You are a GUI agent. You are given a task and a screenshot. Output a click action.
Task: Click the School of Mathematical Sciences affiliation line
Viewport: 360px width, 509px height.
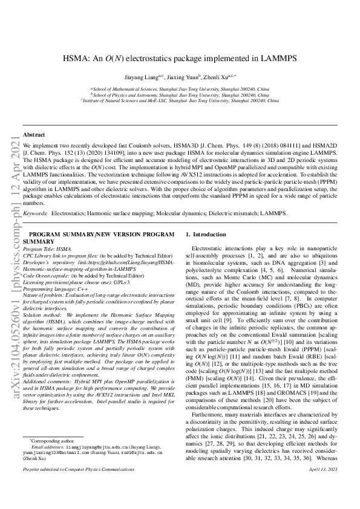pyautogui.click(x=180, y=88)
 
